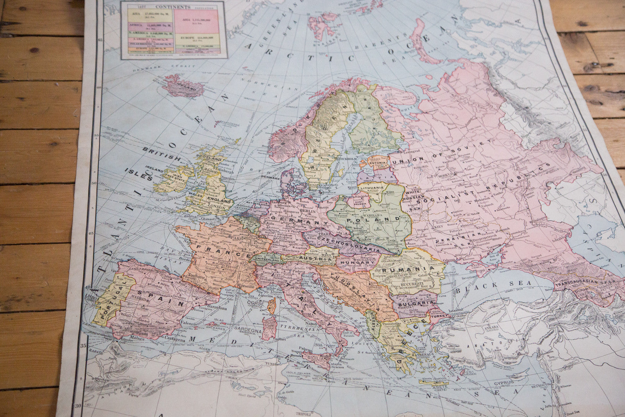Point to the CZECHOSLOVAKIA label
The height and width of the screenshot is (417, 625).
click(x=349, y=243)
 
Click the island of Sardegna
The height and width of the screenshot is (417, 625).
click(x=269, y=328)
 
